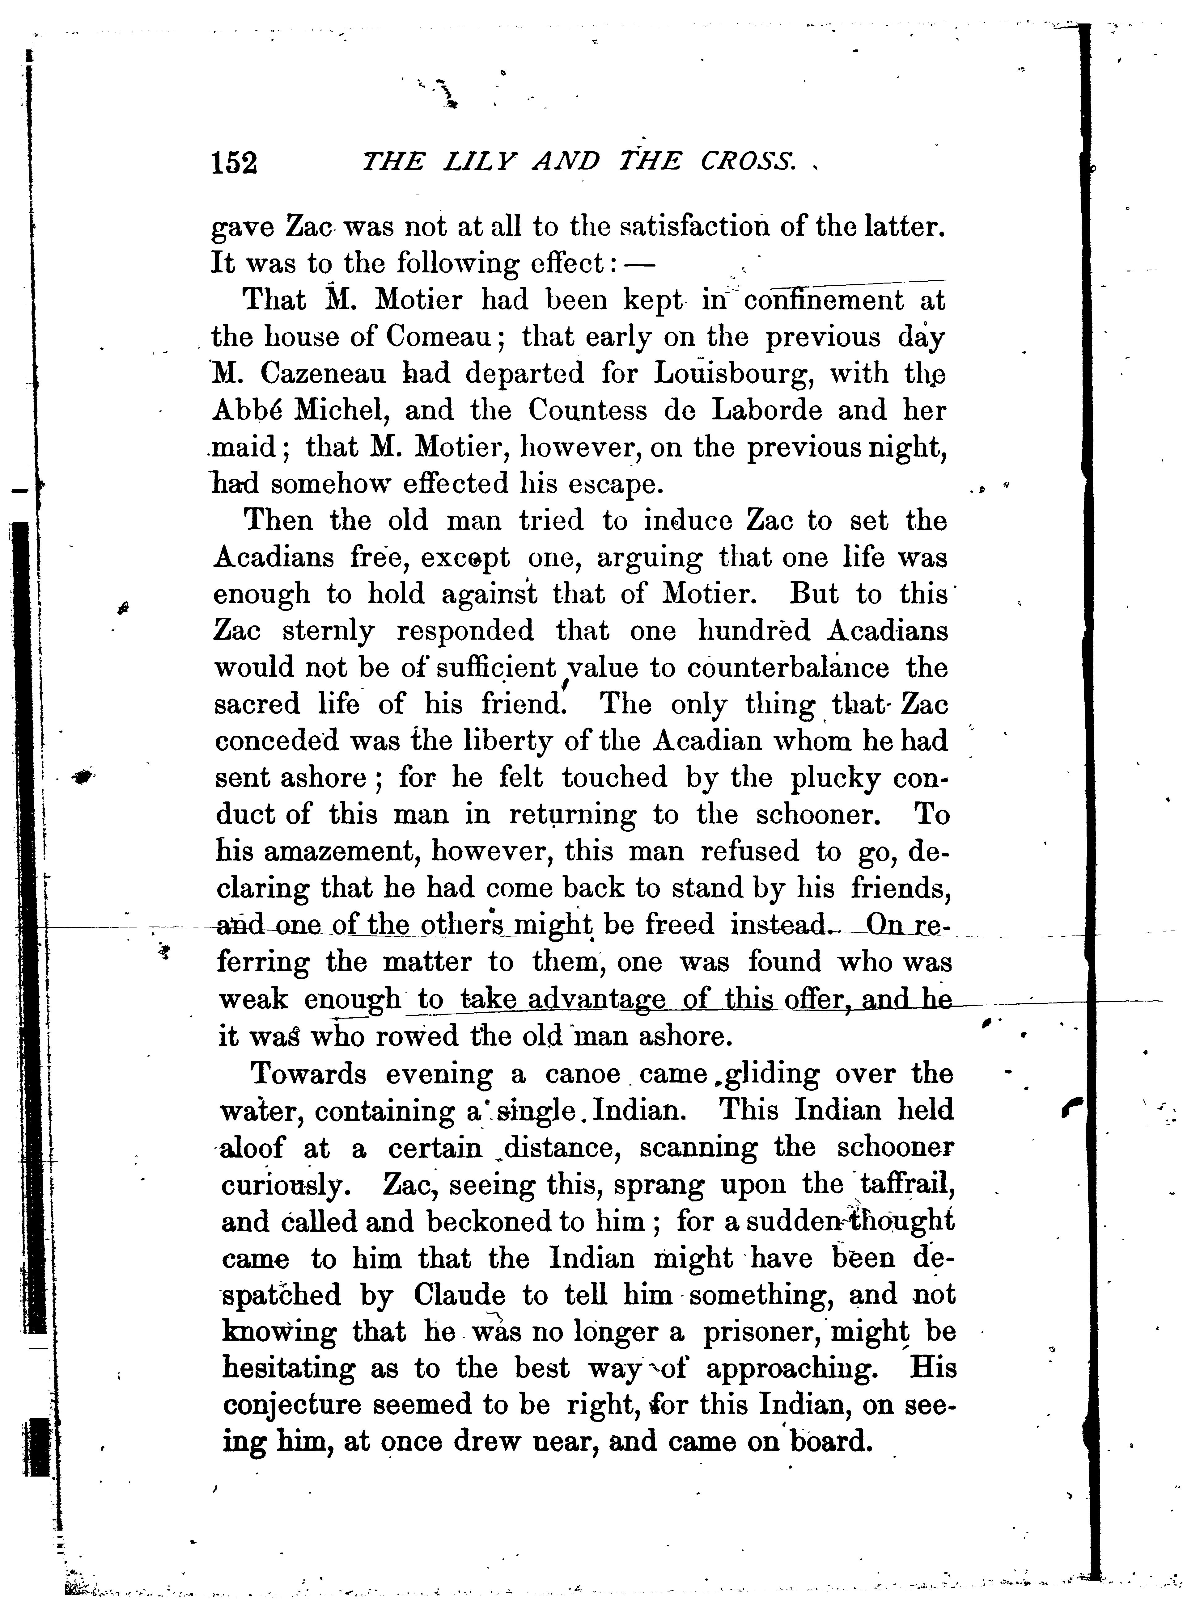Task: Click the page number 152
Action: pos(233,163)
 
